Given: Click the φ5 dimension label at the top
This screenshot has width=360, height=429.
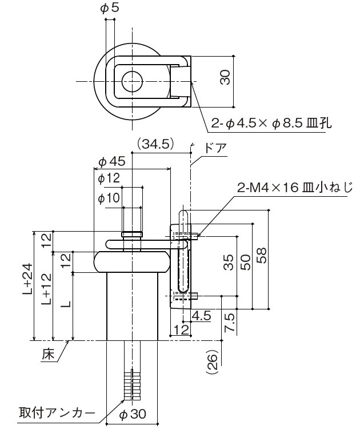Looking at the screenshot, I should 110,8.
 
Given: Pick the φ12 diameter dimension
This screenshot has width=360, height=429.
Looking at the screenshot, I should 109,180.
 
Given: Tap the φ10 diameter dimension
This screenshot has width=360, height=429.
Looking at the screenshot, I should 109,198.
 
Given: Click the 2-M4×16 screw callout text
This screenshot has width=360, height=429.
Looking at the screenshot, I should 296,187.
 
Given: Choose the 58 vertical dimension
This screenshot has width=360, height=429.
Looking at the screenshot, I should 262,255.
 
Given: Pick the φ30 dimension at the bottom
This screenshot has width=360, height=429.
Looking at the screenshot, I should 133,414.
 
